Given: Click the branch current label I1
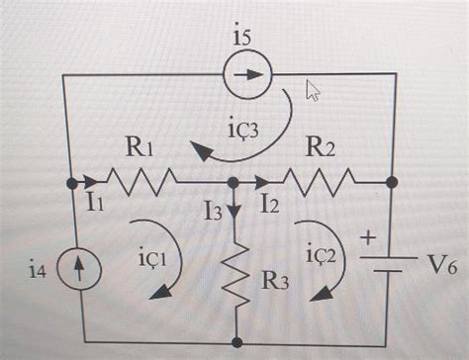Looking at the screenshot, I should point(95,205).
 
